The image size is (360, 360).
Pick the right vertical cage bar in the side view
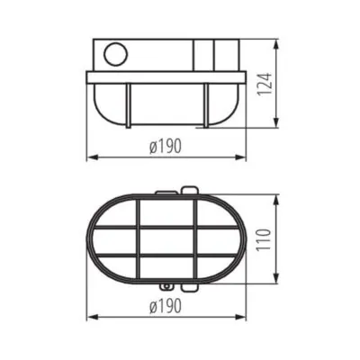tap(208, 104)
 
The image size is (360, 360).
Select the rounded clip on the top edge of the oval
tap(188, 191)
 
